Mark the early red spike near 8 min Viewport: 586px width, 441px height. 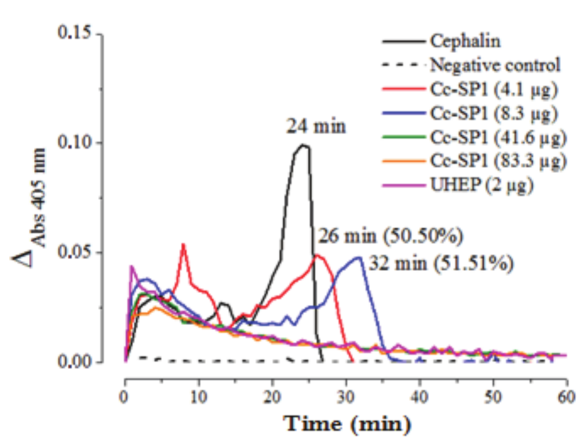(183, 244)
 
